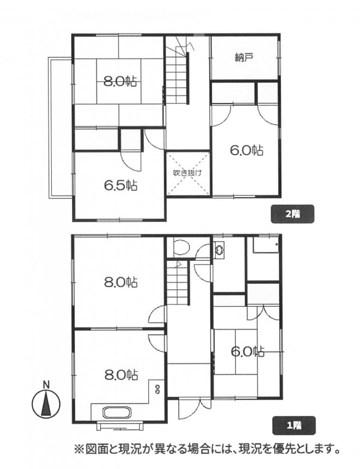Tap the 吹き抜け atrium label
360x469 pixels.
click(x=188, y=173)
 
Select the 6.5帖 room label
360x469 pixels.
click(x=120, y=186)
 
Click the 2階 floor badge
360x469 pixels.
click(x=292, y=213)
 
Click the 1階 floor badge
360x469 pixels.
click(x=294, y=425)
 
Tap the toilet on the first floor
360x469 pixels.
click(x=181, y=248)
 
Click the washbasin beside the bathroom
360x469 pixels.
click(x=220, y=250)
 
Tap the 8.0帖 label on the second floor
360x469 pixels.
click(x=120, y=82)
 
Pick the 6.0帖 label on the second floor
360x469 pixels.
click(x=247, y=150)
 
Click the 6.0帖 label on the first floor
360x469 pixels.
click(x=248, y=351)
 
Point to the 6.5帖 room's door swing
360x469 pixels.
click(x=131, y=162)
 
